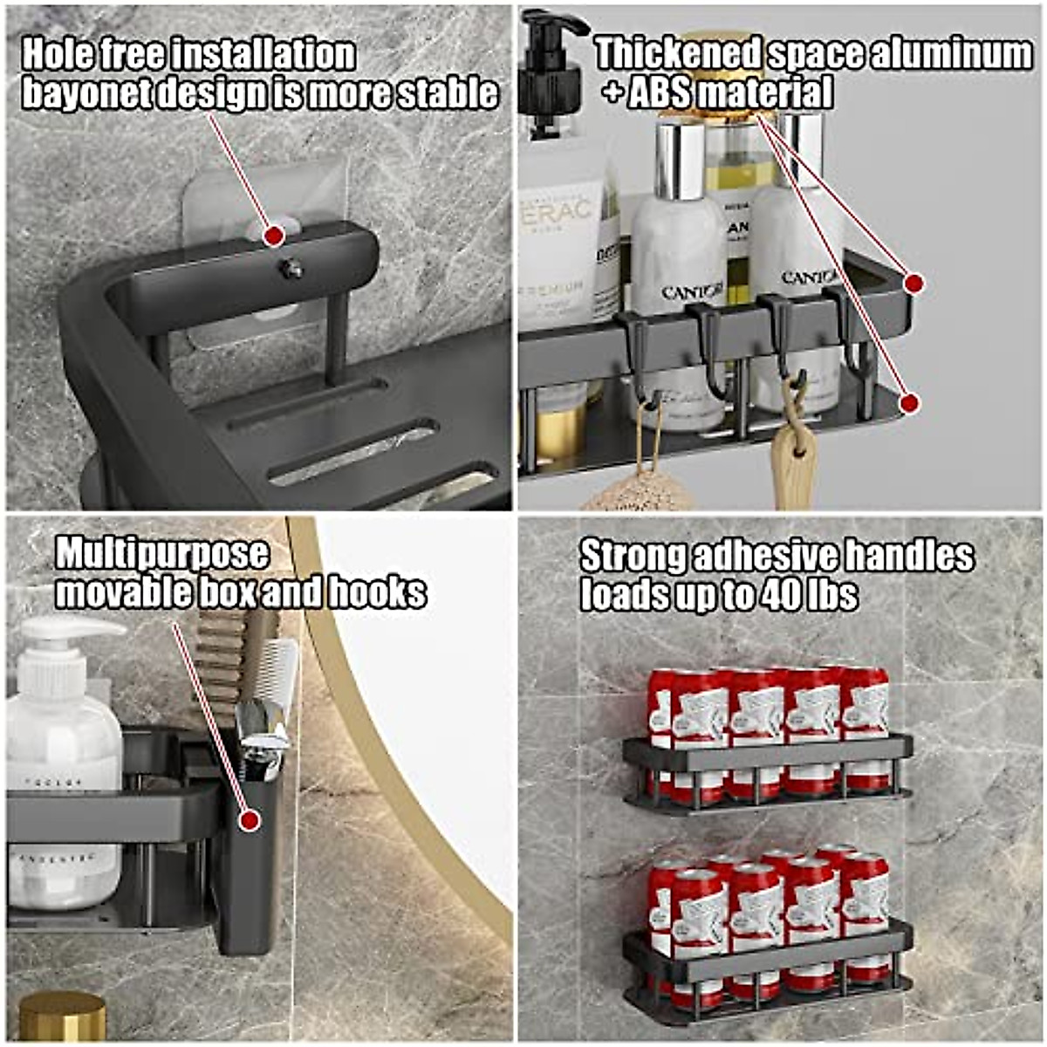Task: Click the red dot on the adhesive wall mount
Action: coord(273,236)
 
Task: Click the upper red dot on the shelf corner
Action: coord(914,283)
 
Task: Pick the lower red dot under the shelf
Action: coord(909,403)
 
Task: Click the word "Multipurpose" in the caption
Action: coord(162,553)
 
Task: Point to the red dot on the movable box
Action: coord(250,820)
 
